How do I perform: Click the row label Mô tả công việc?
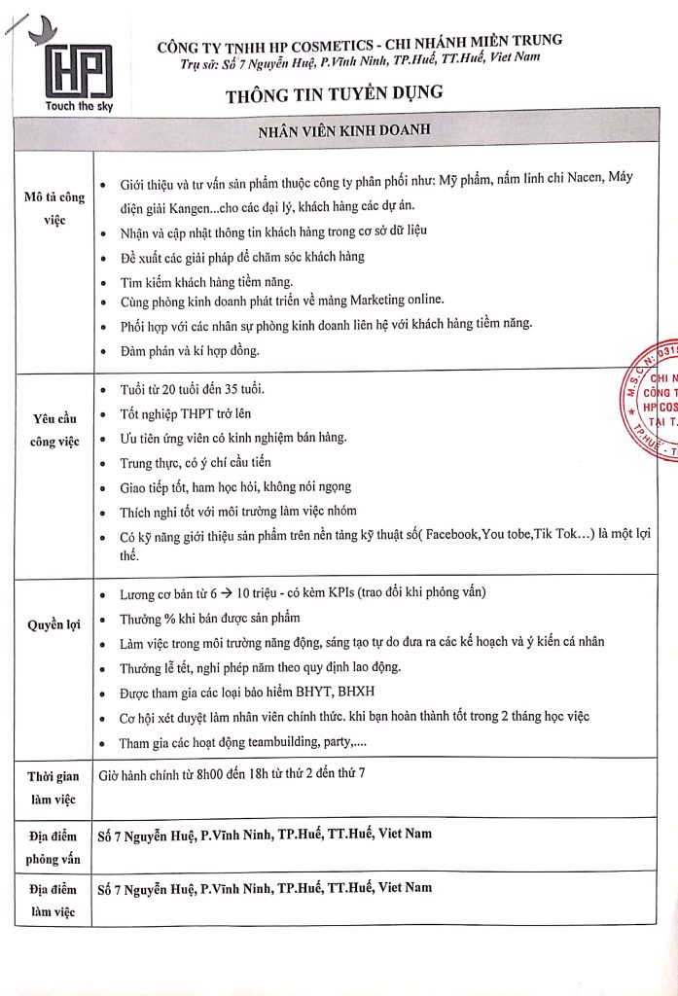(x=54, y=208)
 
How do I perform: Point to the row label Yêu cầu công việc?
(x=54, y=432)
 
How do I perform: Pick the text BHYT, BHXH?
(x=322, y=693)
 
